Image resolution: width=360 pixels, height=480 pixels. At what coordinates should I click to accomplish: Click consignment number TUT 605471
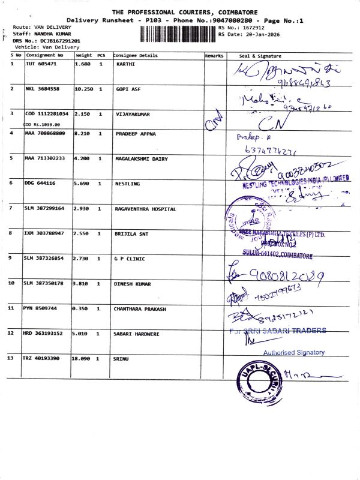coord(41,63)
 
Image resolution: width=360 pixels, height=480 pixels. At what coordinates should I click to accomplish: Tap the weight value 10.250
coord(83,88)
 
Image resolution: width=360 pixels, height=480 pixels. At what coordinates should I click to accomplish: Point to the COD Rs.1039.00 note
coord(42,124)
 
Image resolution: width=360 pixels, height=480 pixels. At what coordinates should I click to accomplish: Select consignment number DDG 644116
coord(41,183)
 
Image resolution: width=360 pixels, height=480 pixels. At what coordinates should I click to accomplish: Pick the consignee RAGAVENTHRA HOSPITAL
coord(145,209)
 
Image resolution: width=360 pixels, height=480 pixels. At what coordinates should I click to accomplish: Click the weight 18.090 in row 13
coord(83,358)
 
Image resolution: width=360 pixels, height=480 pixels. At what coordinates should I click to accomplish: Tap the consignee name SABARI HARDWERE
coord(139,333)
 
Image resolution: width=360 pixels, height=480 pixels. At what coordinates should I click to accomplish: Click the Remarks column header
coord(214,55)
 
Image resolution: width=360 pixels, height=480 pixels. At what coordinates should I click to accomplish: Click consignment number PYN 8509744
coord(40,308)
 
